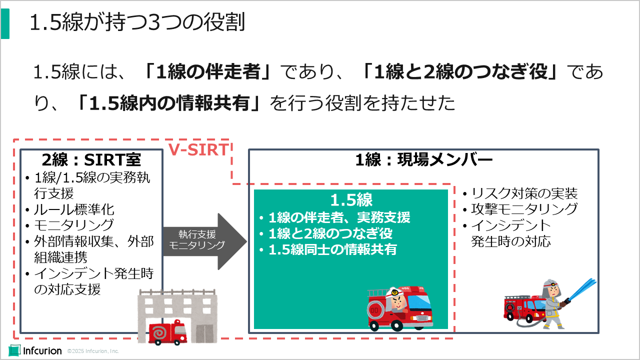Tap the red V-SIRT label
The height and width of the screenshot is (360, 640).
tap(198, 149)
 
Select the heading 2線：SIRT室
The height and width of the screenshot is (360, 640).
tap(91, 159)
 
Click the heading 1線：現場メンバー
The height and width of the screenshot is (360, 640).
tap(424, 159)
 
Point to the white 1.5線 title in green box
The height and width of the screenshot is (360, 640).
tap(351, 200)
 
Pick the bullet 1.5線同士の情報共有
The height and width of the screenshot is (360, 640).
tap(332, 249)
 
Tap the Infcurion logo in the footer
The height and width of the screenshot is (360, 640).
tap(35, 351)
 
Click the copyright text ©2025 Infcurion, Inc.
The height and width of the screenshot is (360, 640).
tap(93, 351)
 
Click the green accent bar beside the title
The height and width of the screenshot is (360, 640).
tap(4, 23)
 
